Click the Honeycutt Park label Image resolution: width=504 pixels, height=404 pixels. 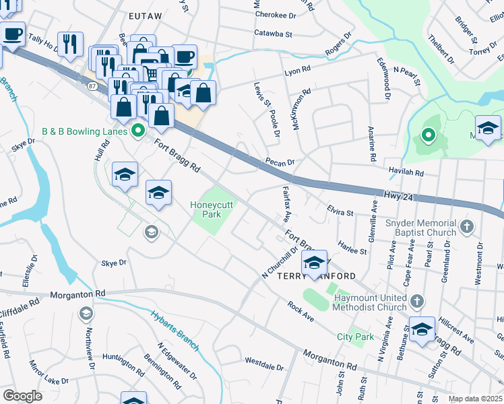coord(215,209)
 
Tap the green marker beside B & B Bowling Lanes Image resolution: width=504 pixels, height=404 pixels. coord(139,131)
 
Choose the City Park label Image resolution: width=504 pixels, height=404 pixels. coord(355,337)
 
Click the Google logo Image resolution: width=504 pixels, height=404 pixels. coord(22,395)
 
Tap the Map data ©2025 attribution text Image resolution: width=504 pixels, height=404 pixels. coord(476,399)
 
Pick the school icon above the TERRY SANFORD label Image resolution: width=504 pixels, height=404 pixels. coord(314,262)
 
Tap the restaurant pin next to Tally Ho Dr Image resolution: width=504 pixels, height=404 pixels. coord(70,44)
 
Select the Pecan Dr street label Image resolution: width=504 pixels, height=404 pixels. coord(280,162)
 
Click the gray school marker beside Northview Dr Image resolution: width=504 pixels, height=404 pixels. coord(86,313)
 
